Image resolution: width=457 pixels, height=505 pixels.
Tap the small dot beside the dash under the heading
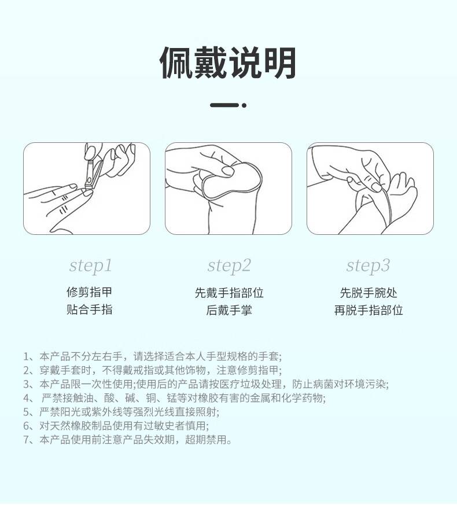click(244, 105)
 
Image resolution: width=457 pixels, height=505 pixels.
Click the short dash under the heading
click(224, 105)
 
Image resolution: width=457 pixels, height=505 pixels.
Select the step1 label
click(90, 266)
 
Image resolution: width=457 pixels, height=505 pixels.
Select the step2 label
click(229, 266)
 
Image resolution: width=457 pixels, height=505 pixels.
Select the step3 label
click(368, 266)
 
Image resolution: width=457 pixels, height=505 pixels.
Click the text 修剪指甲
click(89, 292)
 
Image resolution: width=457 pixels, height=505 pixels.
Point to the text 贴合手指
click(89, 309)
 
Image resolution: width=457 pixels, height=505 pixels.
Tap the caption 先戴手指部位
click(229, 293)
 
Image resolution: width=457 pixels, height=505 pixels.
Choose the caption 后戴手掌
click(229, 310)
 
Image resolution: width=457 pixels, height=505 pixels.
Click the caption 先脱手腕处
click(368, 293)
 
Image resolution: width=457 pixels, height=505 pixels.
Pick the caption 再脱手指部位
click(368, 310)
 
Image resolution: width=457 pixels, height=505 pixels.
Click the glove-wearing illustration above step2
click(228, 189)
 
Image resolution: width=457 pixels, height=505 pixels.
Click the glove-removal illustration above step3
click(370, 189)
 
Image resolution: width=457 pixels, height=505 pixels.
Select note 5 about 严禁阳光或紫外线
click(121, 412)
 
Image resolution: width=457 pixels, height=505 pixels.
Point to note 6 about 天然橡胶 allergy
click(116, 426)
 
